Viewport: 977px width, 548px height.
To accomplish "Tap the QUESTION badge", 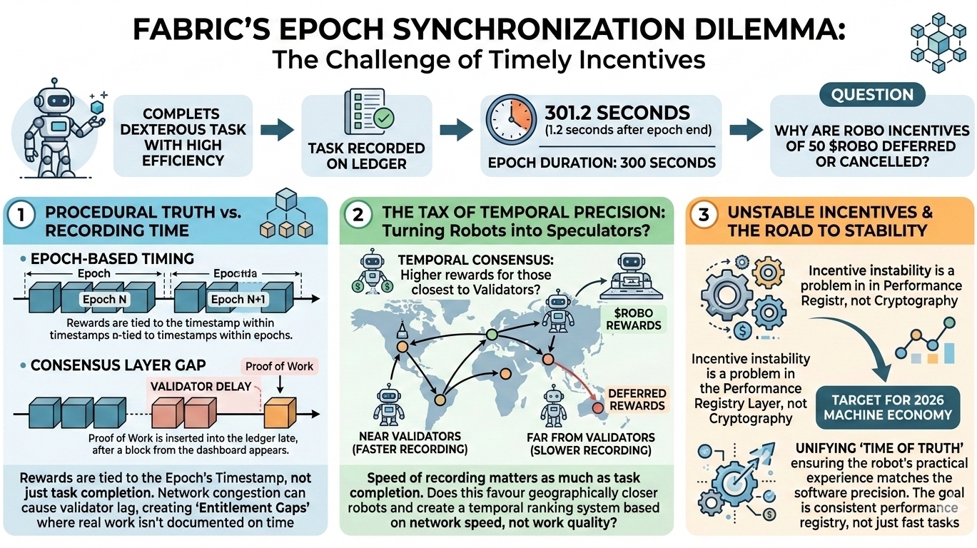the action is coord(872,95).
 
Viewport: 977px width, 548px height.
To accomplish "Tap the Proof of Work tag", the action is coord(279,366).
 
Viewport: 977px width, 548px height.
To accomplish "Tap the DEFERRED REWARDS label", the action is coord(637,400).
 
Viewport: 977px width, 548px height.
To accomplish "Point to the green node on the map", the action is coord(490,335).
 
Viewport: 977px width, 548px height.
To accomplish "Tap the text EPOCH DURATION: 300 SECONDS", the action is coord(602,162).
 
